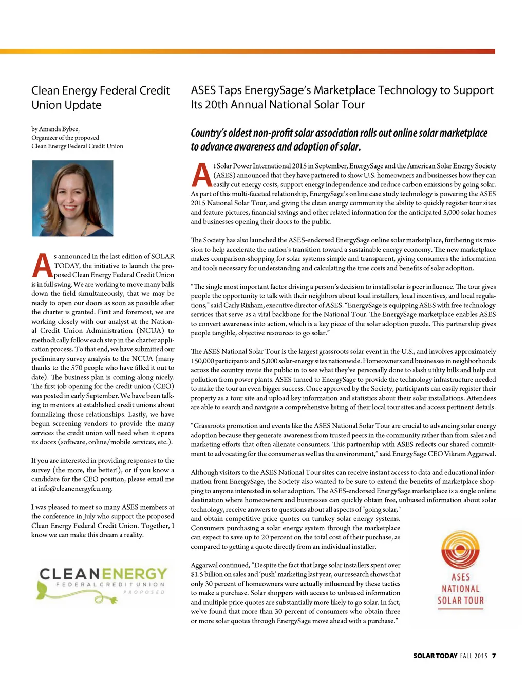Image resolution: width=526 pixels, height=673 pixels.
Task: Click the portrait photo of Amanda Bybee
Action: tap(72, 198)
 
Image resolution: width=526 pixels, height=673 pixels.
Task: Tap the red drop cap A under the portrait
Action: tap(42, 265)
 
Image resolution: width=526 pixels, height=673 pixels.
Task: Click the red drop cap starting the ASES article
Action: tap(201, 175)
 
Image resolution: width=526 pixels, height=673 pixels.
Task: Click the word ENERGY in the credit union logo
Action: tap(135, 573)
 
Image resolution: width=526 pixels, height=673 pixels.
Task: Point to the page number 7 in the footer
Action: tap(494, 656)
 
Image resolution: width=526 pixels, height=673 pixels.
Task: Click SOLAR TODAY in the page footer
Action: tap(435, 656)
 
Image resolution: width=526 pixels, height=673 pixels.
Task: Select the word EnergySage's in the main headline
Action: tap(277, 90)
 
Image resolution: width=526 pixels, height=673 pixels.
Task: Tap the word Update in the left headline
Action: tap(84, 105)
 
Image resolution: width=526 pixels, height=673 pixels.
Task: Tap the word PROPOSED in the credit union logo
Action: tap(144, 592)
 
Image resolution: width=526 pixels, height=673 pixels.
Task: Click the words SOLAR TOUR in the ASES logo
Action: tap(460, 601)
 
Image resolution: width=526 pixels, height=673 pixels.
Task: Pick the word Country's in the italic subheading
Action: tap(208, 133)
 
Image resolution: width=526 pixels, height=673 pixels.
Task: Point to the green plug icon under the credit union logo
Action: tap(105, 599)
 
